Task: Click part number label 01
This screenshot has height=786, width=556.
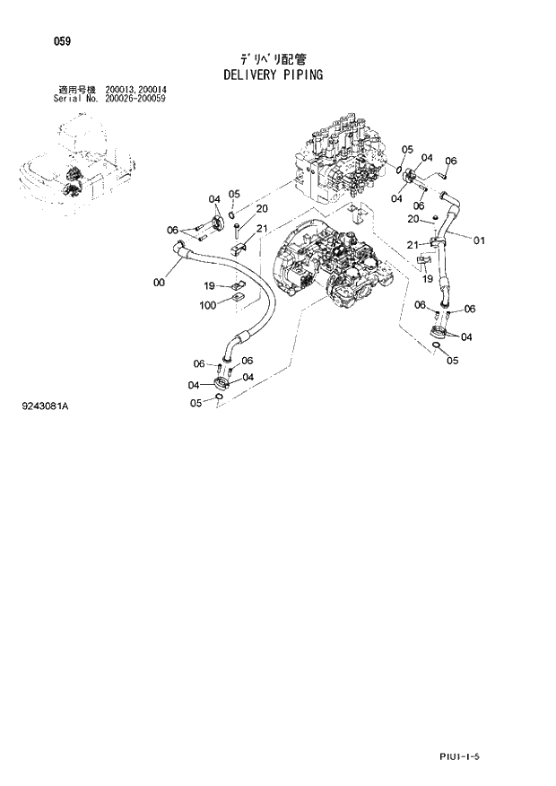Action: [x=479, y=240]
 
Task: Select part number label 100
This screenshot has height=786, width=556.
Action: [x=208, y=305]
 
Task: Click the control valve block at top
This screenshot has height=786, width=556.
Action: [x=336, y=162]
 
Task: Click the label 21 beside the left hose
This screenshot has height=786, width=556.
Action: [x=262, y=229]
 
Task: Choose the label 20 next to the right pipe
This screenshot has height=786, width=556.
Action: [x=413, y=219]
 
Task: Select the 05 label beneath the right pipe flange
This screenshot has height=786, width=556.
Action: [x=452, y=361]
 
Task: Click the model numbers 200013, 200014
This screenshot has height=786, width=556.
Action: [x=142, y=90]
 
